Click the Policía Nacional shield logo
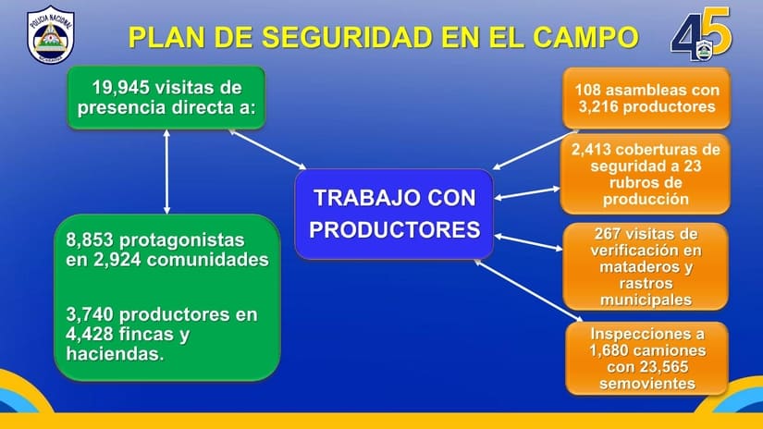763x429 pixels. (x=51, y=34)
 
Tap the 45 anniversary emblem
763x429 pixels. (x=701, y=33)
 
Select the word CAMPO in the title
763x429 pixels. (x=585, y=38)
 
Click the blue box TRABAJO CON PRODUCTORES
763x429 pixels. (x=394, y=214)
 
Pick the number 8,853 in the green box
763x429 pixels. (x=90, y=239)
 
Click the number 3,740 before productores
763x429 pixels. (x=90, y=314)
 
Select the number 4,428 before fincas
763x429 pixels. (x=90, y=334)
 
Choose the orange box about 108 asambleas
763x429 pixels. (x=646, y=98)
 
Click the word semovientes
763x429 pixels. (x=647, y=384)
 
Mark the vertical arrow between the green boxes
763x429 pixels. (x=166, y=172)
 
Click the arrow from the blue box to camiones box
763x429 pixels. (x=528, y=290)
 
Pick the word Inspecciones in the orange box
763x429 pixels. (x=647, y=334)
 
